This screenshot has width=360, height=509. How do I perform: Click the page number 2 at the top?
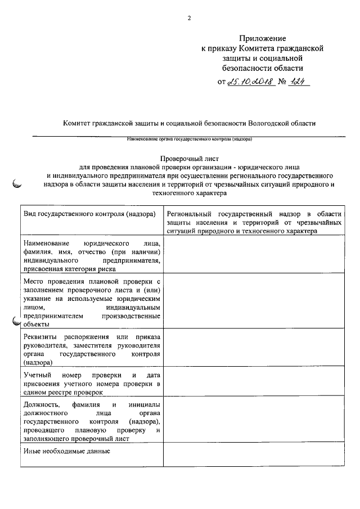pos(189,17)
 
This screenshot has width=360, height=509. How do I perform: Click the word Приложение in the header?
pos(262,38)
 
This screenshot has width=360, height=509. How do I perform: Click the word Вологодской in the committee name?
pos(263,123)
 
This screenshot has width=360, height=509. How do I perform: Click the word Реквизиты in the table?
pos(40,336)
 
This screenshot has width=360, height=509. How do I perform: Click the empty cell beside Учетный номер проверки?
pos(253,382)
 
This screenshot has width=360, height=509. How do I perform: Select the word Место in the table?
pos(34,280)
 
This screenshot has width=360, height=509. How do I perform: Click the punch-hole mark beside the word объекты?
pos(16,322)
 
